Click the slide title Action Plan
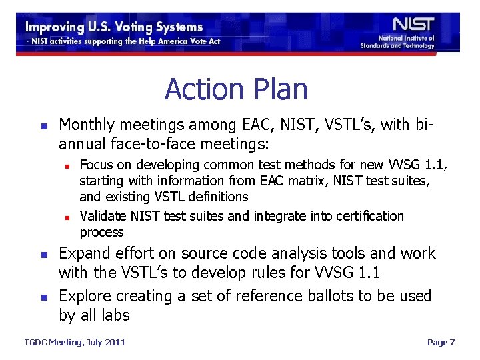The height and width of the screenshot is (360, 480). click(236, 89)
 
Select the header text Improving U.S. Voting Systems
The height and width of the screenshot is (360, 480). click(114, 27)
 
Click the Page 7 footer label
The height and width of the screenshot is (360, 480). click(441, 342)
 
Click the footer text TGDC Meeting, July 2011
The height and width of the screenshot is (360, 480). click(75, 342)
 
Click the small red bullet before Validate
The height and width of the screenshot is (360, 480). click(68, 217)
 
